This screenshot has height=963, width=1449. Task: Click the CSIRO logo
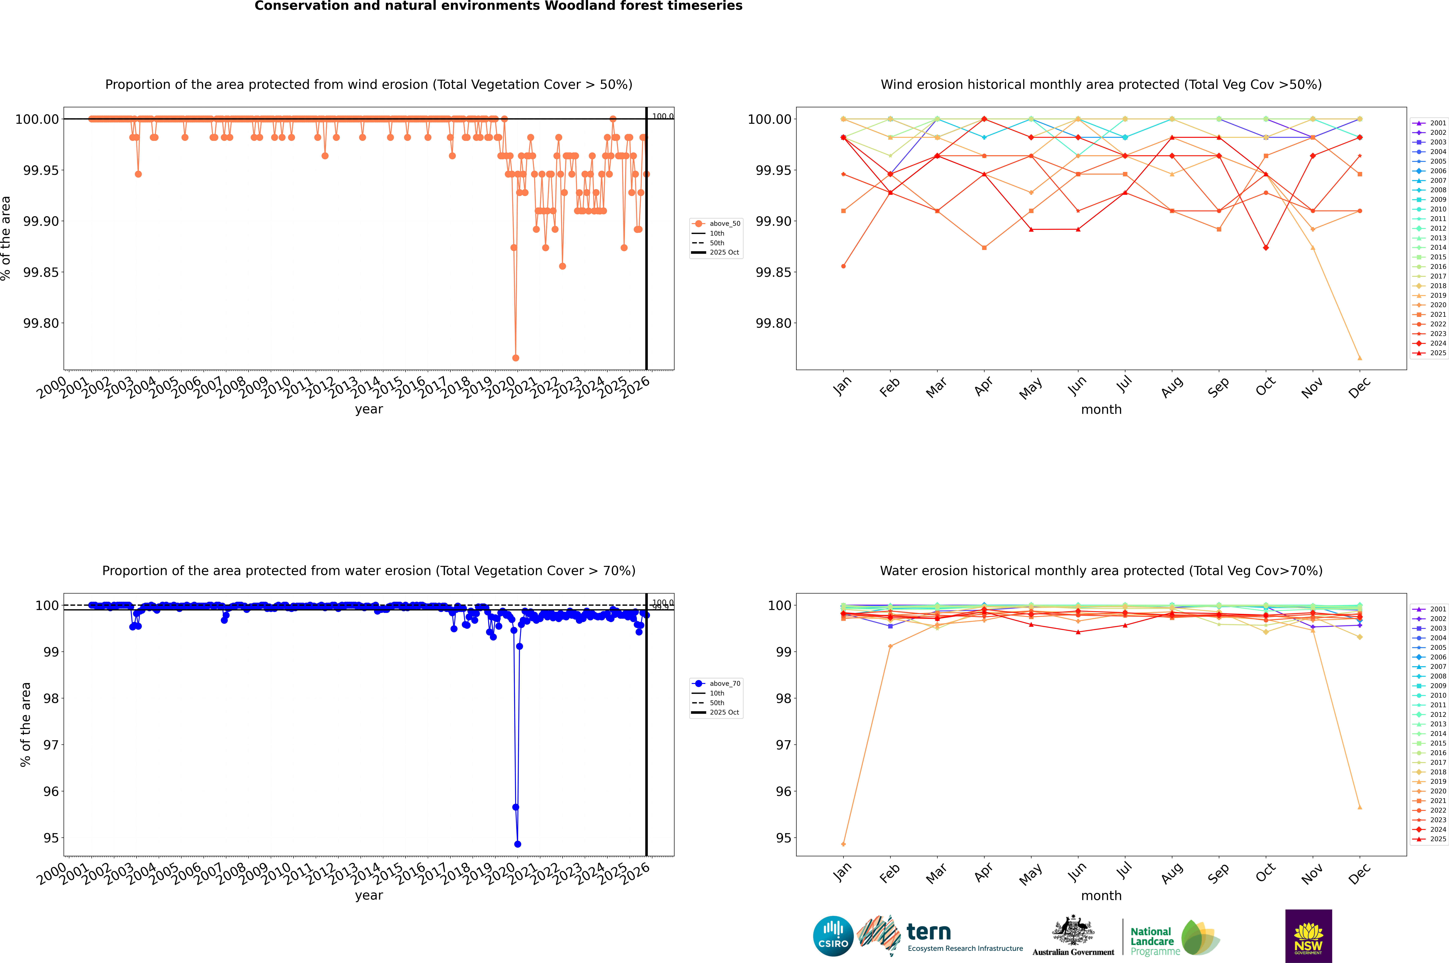(833, 936)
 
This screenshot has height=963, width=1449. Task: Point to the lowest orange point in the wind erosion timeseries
(515, 357)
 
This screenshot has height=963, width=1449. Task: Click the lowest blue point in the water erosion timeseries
(517, 844)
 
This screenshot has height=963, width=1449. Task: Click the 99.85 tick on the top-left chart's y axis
(41, 272)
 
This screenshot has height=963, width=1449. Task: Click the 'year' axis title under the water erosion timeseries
(369, 895)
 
